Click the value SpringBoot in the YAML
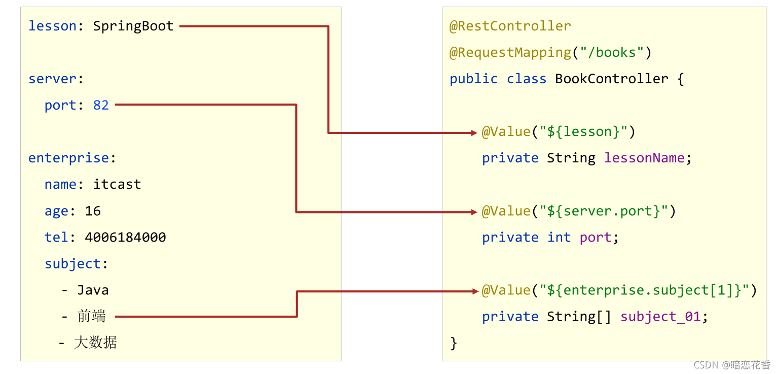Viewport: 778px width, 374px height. pyautogui.click(x=133, y=26)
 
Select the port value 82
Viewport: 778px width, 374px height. pyautogui.click(x=101, y=105)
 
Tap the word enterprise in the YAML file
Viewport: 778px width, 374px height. pyautogui.click(x=68, y=158)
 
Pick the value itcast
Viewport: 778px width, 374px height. pyautogui.click(x=117, y=184)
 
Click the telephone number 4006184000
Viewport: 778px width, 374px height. pyautogui.click(x=125, y=237)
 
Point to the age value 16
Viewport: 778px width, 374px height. pyautogui.click(x=93, y=211)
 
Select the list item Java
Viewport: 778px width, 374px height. pyautogui.click(x=93, y=290)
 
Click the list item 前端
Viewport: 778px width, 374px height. pyautogui.click(x=92, y=316)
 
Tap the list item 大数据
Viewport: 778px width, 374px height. pyautogui.click(x=95, y=343)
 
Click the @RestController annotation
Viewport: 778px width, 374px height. pyautogui.click(x=510, y=26)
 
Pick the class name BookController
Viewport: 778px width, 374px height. pyautogui.click(x=611, y=79)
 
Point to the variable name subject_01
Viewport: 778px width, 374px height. pyautogui.click(x=660, y=316)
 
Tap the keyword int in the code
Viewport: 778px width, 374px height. pyautogui.click(x=559, y=237)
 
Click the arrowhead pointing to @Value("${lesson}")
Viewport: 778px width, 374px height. pyautogui.click(x=474, y=133)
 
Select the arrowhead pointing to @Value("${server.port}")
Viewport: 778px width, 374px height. pyautogui.click(x=474, y=212)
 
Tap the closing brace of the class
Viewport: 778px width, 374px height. pyautogui.click(x=454, y=343)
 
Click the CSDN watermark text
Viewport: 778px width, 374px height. pyautogui.click(x=732, y=365)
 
